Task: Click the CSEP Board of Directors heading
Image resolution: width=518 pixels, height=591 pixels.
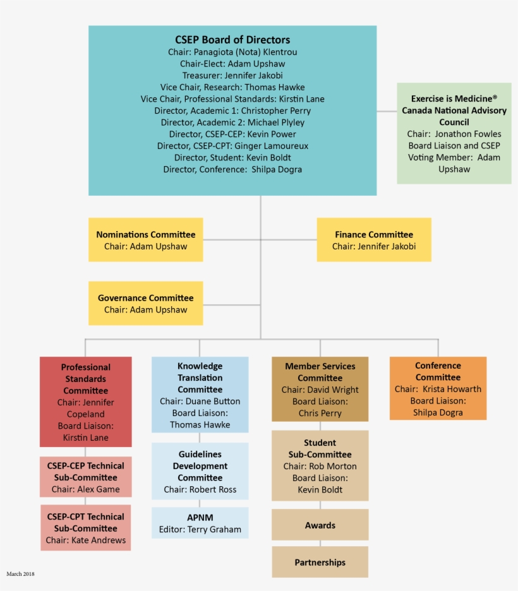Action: click(x=232, y=40)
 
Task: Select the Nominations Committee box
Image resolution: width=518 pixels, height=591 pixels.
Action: click(x=145, y=240)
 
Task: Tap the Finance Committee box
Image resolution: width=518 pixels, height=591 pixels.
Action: click(x=374, y=240)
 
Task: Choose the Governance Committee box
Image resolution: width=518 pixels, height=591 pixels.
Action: click(x=145, y=303)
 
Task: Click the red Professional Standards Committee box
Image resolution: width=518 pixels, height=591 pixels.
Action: click(x=86, y=402)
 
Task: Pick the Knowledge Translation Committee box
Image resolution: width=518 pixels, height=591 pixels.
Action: click(x=200, y=395)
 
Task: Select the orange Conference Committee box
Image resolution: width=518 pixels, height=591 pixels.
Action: click(x=438, y=388)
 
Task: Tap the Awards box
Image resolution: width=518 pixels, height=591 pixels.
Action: click(x=320, y=525)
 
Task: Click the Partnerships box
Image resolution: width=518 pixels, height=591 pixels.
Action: click(x=320, y=562)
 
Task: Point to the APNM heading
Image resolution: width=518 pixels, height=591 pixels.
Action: click(x=200, y=517)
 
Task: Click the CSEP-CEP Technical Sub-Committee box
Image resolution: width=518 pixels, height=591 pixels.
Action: click(x=86, y=477)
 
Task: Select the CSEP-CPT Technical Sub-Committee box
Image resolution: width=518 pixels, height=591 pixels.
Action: click(x=86, y=527)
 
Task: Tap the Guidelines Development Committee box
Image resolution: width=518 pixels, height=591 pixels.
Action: click(x=200, y=471)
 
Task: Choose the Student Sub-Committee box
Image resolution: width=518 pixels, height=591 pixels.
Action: click(x=320, y=465)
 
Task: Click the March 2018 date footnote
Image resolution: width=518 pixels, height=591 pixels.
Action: click(x=20, y=574)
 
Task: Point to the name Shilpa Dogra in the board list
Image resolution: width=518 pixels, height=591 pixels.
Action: click(x=277, y=169)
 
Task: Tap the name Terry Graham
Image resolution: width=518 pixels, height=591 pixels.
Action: click(x=215, y=530)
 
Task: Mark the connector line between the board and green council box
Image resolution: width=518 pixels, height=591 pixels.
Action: click(x=387, y=111)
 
